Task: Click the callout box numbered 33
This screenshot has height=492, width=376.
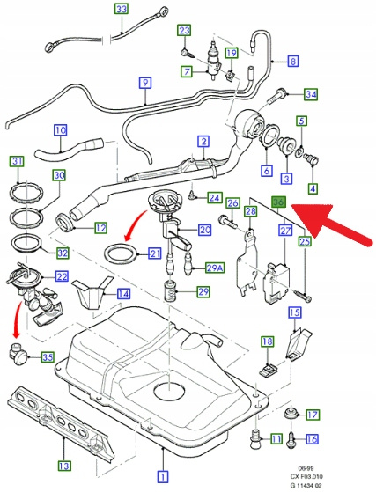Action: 122,9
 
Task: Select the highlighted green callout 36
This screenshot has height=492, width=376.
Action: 279,202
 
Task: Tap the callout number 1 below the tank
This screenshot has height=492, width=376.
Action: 163,477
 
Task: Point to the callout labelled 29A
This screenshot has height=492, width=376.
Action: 215,268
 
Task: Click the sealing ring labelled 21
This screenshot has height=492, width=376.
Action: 121,255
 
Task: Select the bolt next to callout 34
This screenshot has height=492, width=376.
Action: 276,96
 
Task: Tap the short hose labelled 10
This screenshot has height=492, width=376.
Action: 69,150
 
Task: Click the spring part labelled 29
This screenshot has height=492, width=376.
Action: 172,292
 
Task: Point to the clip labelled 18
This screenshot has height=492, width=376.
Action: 268,369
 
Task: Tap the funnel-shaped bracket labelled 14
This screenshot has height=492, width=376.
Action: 92,292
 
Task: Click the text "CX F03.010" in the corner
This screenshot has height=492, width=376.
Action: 306,477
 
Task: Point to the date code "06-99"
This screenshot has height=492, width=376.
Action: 306,468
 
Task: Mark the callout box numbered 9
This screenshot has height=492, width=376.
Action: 145,83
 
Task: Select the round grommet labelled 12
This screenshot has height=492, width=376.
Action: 64,222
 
